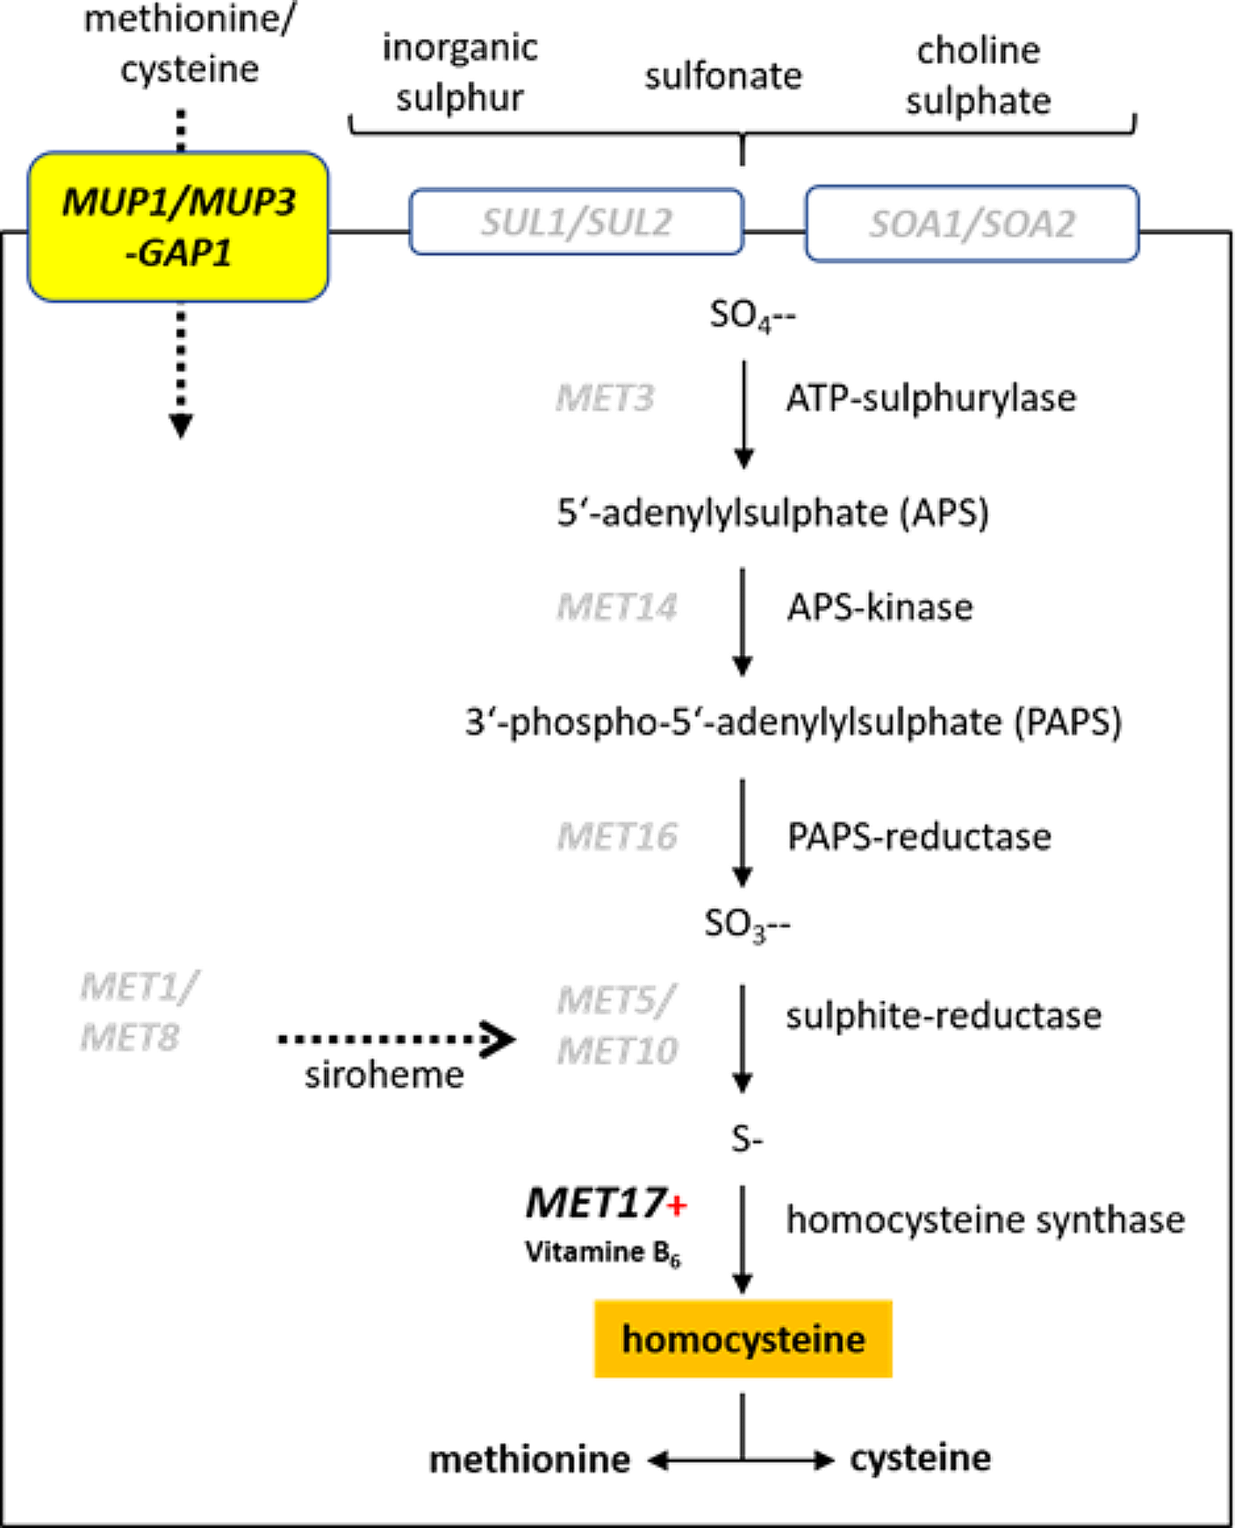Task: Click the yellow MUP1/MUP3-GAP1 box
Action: tap(178, 226)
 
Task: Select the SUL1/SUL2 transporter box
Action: tap(576, 222)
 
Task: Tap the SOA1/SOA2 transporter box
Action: tap(972, 224)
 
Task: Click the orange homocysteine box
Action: tap(743, 1339)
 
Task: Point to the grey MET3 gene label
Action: tap(605, 398)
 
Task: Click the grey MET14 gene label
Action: tap(617, 607)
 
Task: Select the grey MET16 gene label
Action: tap(617, 837)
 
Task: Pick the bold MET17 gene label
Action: tap(596, 1203)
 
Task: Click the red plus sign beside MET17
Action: tap(677, 1206)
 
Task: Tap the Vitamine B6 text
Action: tap(602, 1253)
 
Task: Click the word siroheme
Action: tap(384, 1075)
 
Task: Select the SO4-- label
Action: tap(752, 315)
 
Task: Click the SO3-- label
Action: tap(747, 924)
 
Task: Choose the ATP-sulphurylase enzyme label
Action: tap(931, 398)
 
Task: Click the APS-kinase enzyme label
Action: tap(880, 607)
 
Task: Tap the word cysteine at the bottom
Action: tap(920, 1458)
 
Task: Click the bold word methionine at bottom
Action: tap(529, 1460)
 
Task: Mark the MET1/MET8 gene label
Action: tap(138, 1012)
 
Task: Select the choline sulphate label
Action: tap(978, 75)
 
